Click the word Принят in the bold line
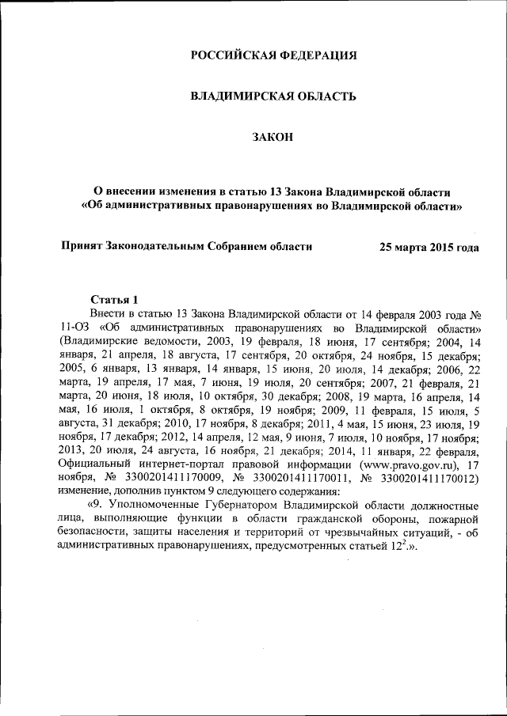(x=83, y=246)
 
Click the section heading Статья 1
(x=115, y=300)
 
